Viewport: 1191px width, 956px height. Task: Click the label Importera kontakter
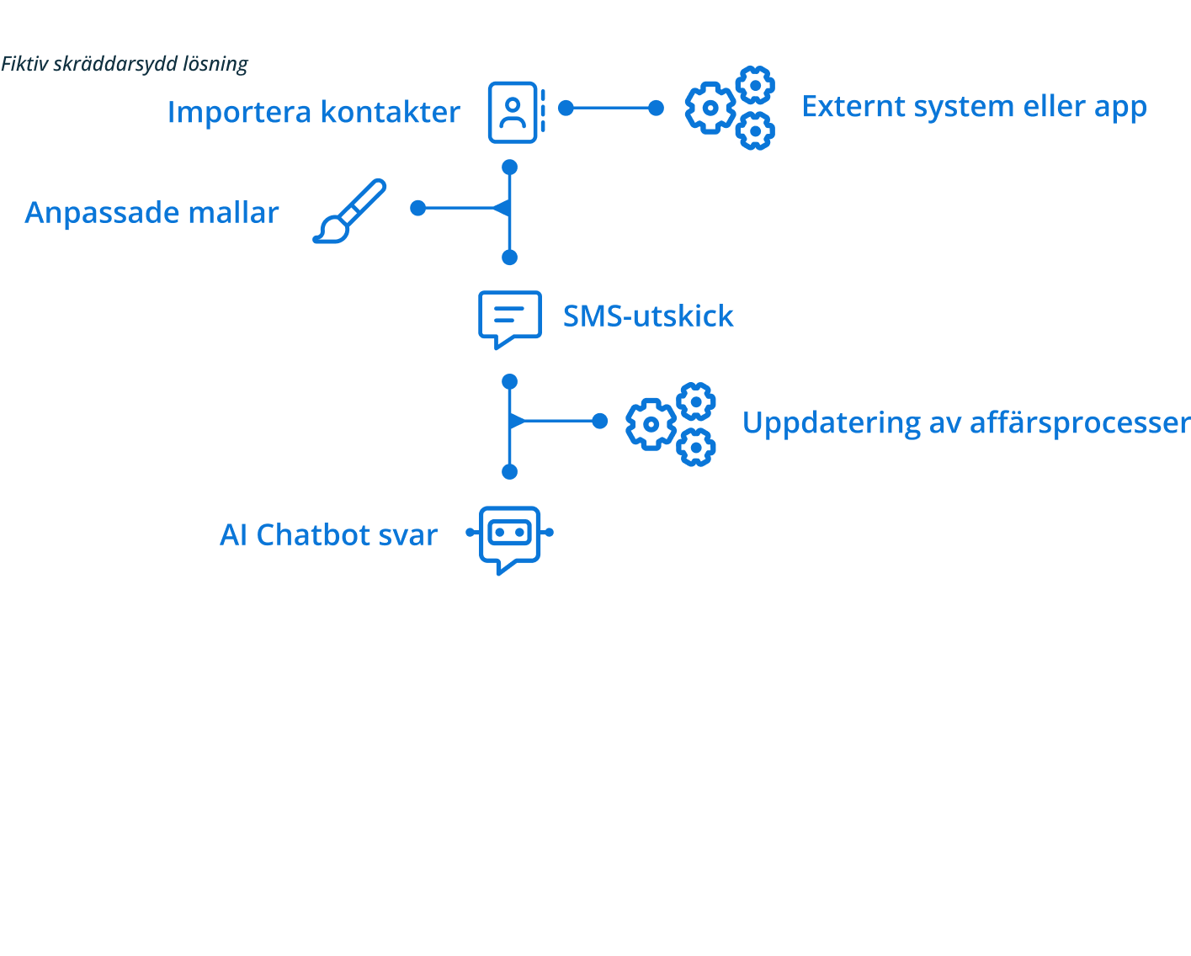point(313,112)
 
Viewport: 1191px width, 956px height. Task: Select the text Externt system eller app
point(974,107)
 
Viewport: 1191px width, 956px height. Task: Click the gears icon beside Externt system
point(729,108)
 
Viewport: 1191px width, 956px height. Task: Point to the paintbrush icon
point(349,210)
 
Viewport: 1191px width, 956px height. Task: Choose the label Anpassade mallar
point(152,212)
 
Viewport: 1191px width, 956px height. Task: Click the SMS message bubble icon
point(509,318)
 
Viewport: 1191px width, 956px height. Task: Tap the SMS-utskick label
point(648,316)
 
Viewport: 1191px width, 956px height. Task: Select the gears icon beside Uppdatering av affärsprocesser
point(670,424)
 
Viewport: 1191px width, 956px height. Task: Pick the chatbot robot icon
point(510,539)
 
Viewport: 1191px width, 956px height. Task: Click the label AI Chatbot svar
point(328,535)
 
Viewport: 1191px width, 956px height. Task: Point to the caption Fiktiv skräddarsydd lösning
point(125,64)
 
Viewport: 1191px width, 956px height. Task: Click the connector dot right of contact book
point(566,108)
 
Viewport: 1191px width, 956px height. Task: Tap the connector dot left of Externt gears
point(656,108)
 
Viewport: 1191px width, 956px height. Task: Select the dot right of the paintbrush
point(418,208)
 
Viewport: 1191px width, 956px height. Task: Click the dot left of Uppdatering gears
point(599,421)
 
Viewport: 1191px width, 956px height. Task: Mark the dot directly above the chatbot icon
point(509,472)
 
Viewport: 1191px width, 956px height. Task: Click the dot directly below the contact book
point(509,167)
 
